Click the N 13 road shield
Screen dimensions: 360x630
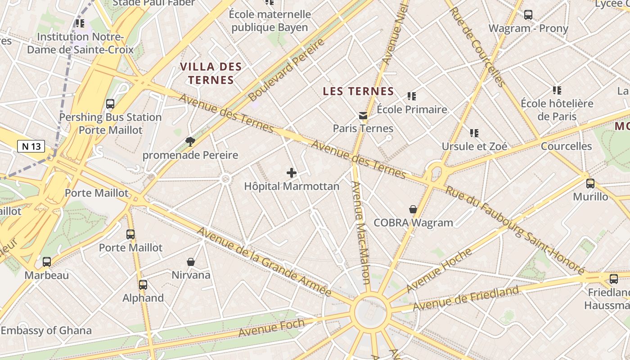[x=31, y=146]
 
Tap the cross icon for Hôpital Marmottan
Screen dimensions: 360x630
[x=292, y=172]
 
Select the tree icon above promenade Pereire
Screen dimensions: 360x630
[x=190, y=142]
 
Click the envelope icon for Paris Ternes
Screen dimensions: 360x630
[x=363, y=116]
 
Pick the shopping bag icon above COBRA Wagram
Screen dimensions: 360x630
[x=413, y=209]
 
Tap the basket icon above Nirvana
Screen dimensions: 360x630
[x=191, y=261]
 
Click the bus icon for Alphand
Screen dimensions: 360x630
[x=143, y=284]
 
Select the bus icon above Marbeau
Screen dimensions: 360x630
[x=47, y=261]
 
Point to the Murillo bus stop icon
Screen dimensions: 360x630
[x=590, y=183]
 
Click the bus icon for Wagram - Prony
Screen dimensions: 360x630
[x=528, y=15]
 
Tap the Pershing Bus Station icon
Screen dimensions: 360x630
[x=110, y=104]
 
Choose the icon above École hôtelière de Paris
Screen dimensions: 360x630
[x=557, y=90]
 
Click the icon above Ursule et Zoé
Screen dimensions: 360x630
[x=474, y=133]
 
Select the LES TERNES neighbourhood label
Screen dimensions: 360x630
[x=358, y=91]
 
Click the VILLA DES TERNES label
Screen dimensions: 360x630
[x=211, y=73]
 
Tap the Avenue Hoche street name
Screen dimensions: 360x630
[x=439, y=270]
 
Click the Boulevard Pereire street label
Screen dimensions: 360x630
[x=286, y=69]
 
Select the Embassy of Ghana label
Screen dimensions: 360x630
[x=46, y=330]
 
